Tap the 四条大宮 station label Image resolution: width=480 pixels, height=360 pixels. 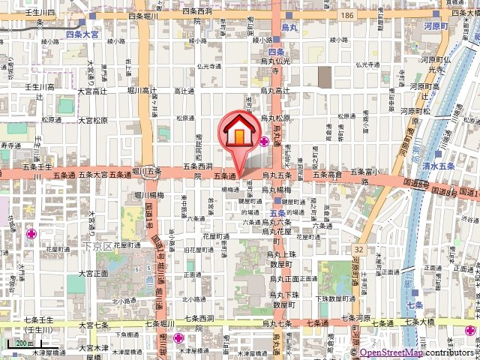(83, 34)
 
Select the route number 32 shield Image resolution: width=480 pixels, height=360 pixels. (359, 249)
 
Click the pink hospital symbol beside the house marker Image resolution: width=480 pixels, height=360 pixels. (265, 141)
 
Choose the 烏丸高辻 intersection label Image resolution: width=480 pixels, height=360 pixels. (275, 91)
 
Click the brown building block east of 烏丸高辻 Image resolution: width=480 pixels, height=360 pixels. (324, 76)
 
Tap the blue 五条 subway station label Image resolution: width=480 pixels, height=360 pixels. (275, 212)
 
